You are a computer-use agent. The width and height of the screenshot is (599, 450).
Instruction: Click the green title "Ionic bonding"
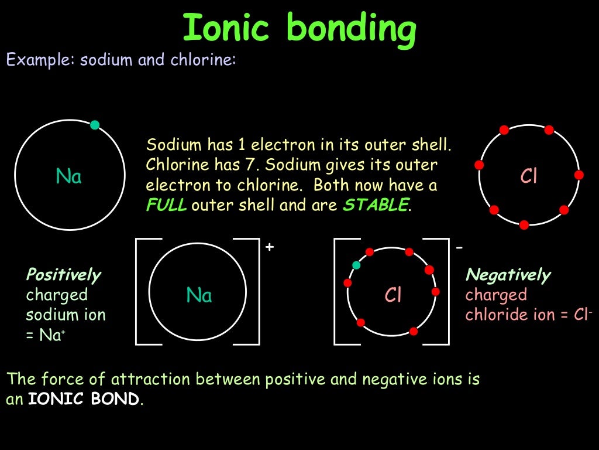(x=299, y=29)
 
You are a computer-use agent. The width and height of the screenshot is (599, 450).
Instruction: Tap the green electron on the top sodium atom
(x=95, y=125)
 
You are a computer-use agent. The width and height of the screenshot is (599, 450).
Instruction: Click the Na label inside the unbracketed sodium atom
(x=68, y=176)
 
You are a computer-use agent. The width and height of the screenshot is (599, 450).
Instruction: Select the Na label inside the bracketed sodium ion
(x=199, y=295)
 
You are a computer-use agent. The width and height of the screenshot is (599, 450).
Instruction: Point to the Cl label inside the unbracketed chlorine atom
(x=529, y=176)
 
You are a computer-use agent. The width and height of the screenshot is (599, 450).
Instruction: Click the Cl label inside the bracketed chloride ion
(x=393, y=295)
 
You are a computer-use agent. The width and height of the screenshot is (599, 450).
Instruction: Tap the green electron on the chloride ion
(x=356, y=265)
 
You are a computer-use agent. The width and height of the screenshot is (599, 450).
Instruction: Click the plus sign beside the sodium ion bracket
(x=269, y=247)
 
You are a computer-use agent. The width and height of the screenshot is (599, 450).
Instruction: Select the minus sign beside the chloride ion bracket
(x=459, y=247)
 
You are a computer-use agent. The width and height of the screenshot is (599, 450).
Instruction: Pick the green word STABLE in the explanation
(x=375, y=206)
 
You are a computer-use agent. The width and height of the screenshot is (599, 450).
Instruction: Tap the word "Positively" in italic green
(x=63, y=275)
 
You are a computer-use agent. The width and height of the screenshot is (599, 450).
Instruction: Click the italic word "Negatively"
(x=508, y=275)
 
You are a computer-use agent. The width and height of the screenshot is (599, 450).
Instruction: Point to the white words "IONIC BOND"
(x=84, y=399)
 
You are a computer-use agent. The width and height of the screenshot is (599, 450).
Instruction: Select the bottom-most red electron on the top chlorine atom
(x=524, y=224)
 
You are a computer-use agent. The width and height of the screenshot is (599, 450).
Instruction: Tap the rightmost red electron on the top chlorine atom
(x=579, y=175)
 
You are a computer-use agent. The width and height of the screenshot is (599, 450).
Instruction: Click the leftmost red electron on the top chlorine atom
(x=480, y=165)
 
